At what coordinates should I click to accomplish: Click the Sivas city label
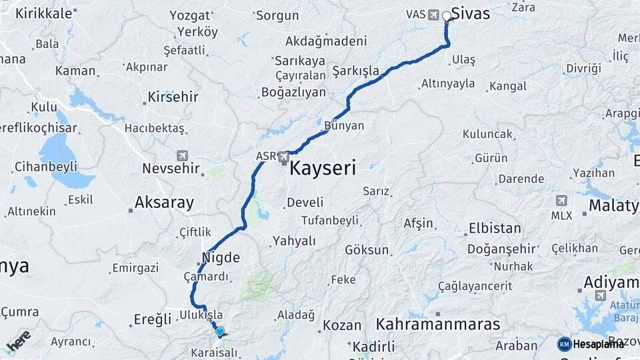point(471,13)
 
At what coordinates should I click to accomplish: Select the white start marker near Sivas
point(447,15)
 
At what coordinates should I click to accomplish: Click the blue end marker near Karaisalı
point(219,331)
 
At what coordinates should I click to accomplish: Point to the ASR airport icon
point(285,157)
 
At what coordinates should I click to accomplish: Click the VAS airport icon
point(435,14)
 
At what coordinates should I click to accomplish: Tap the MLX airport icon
point(561,200)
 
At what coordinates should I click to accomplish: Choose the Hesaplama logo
point(591,344)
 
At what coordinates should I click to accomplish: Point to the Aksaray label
point(164,202)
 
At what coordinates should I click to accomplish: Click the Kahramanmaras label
point(438,325)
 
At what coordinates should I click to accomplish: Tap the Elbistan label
point(495,228)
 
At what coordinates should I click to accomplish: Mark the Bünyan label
point(344,125)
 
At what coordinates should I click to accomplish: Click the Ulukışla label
point(201,315)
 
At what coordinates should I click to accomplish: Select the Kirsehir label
point(173,97)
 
